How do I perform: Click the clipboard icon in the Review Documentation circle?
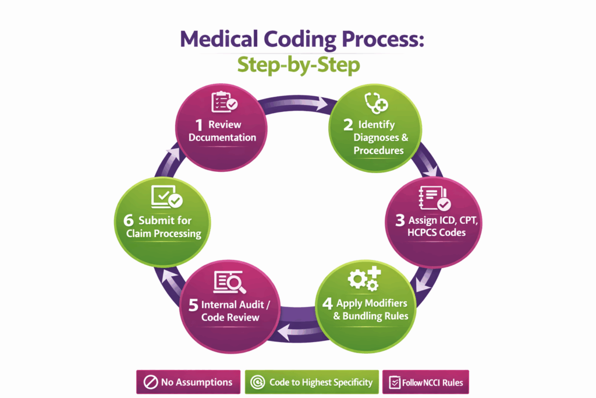(223, 101)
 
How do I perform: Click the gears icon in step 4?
(364, 279)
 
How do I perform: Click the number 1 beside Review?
(199, 125)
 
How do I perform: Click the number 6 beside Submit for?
(127, 221)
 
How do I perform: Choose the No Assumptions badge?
(188, 382)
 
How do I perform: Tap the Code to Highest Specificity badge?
(311, 382)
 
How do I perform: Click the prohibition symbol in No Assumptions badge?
(150, 382)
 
